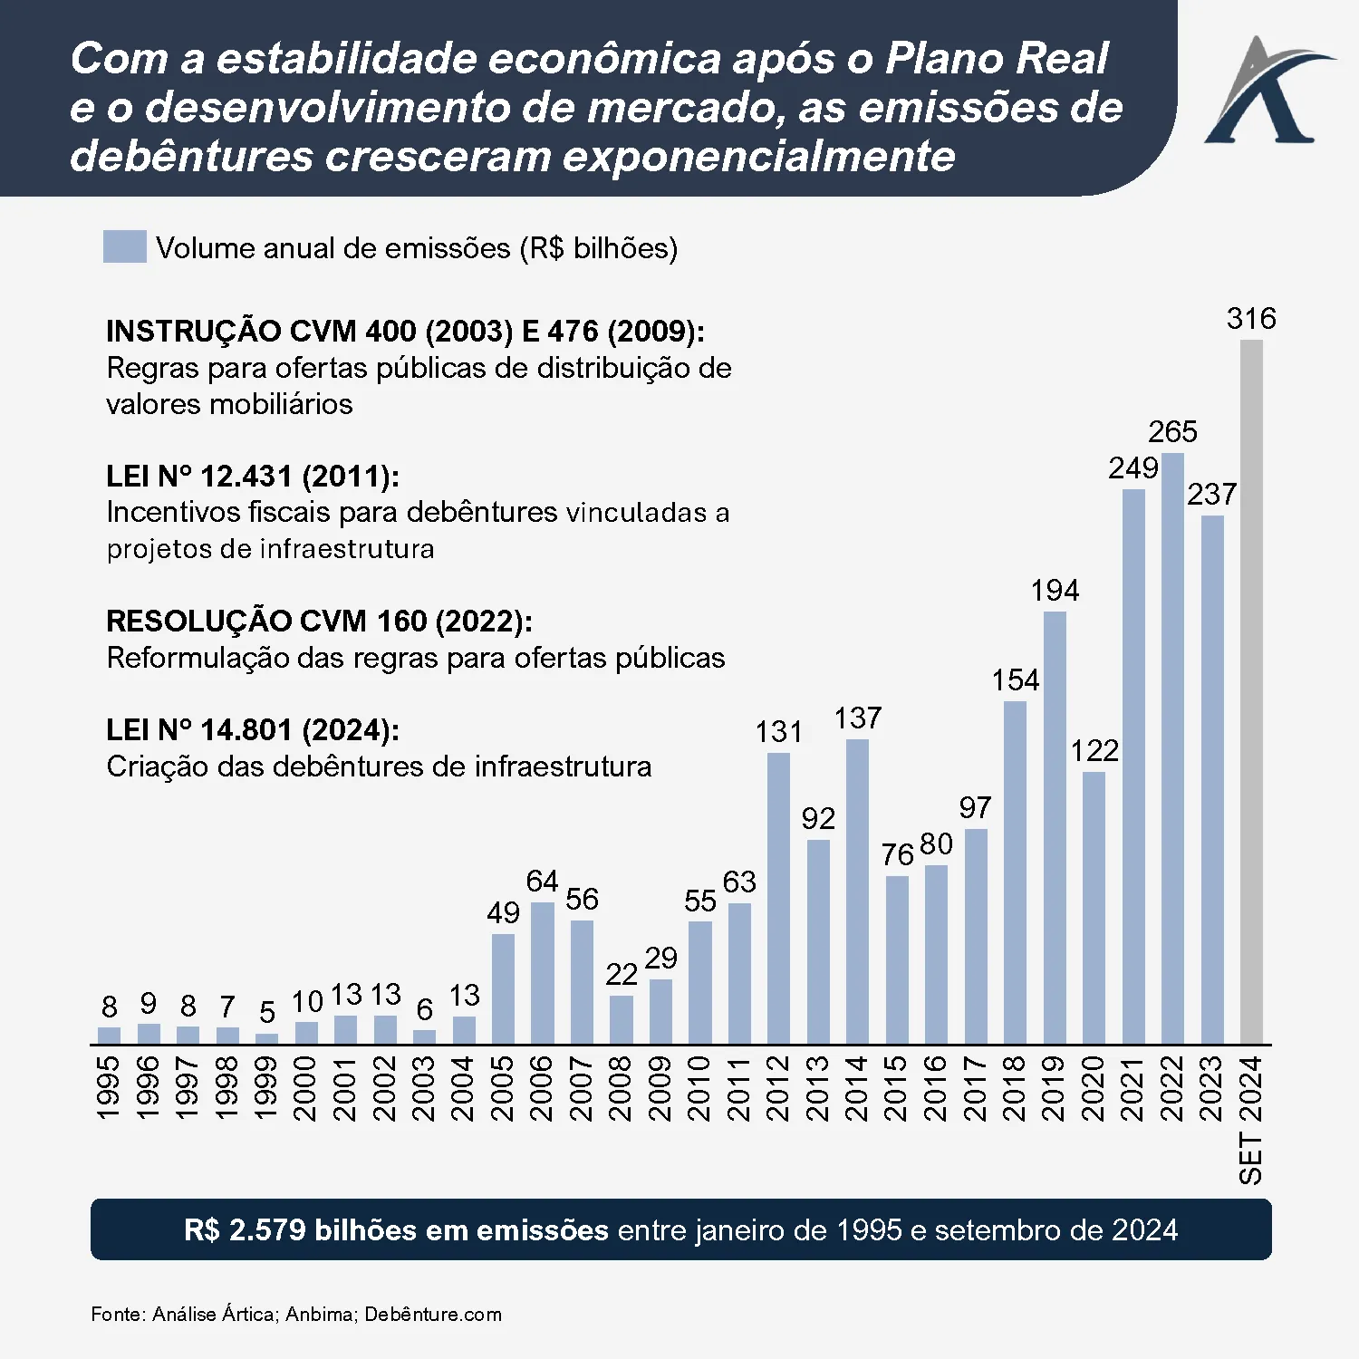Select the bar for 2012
(x=778, y=898)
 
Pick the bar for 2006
(x=542, y=973)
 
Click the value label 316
(x=1251, y=319)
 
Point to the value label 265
(x=1172, y=431)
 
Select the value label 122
(x=1094, y=750)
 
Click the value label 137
(x=857, y=718)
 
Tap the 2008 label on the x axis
(x=621, y=1088)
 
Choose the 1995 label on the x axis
(x=109, y=1088)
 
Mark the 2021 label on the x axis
(x=1133, y=1088)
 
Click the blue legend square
(x=125, y=246)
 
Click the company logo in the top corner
(x=1266, y=92)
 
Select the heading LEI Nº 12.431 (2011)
(x=253, y=477)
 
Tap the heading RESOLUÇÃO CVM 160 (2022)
(x=319, y=622)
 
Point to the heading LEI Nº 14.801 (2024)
(x=253, y=730)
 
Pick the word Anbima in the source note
(x=321, y=1314)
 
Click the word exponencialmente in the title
(x=759, y=156)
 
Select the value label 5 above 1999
(x=266, y=1012)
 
